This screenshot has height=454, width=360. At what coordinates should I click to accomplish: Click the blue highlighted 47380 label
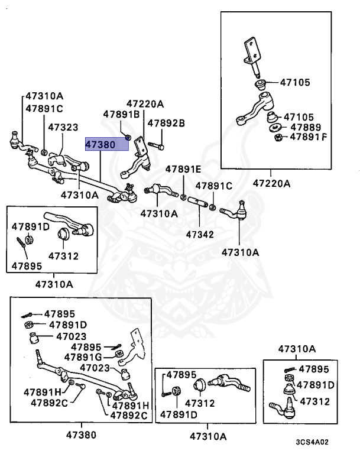(106, 145)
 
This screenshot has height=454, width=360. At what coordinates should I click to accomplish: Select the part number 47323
(63, 127)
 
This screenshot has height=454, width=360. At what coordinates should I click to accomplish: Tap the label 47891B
(121, 114)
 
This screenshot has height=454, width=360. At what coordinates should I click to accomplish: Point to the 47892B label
(166, 123)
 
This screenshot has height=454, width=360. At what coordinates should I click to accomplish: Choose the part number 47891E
(183, 168)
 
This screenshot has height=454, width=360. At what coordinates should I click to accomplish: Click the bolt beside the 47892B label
(155, 144)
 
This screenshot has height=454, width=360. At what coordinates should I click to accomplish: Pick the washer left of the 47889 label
(275, 128)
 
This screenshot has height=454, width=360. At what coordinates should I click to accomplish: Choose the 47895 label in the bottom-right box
(313, 369)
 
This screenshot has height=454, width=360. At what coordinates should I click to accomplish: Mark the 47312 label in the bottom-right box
(316, 401)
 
